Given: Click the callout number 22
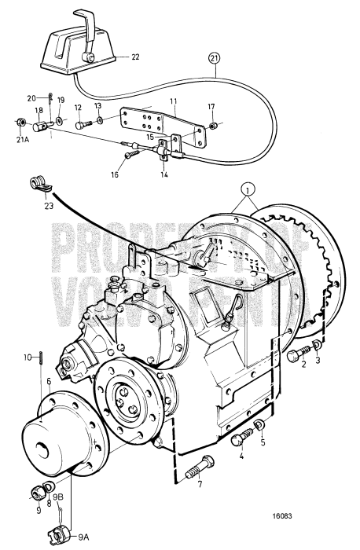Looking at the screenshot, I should pyautogui.click(x=135, y=57).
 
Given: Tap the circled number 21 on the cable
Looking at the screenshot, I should pyautogui.click(x=215, y=57).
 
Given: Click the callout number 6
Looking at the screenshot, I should pyautogui.click(x=49, y=380).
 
